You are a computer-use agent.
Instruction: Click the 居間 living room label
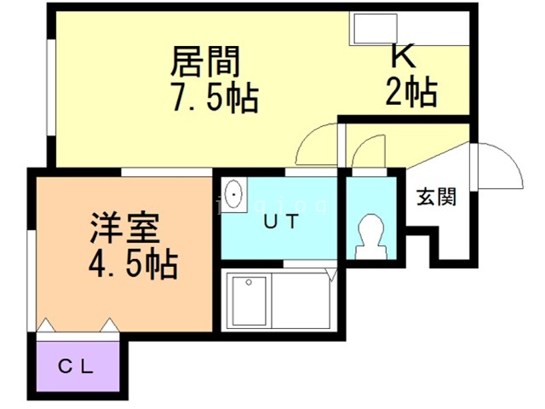[x=205, y=60]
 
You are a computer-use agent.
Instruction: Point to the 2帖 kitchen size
[x=410, y=90]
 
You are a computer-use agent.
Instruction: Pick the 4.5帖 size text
[x=133, y=265]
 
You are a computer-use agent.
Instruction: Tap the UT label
[x=280, y=222]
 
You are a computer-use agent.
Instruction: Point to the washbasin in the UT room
[x=235, y=195]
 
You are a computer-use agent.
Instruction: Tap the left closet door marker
[x=46, y=325]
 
